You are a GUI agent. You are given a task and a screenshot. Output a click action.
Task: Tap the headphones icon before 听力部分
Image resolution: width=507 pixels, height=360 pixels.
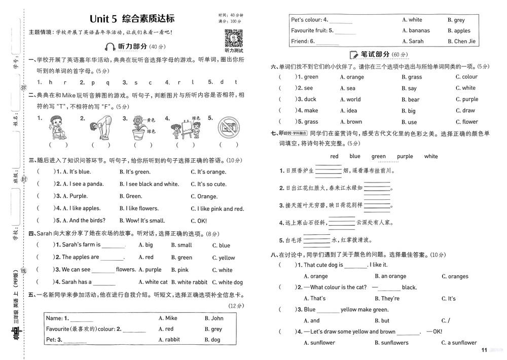pyautogui.click(x=110, y=47)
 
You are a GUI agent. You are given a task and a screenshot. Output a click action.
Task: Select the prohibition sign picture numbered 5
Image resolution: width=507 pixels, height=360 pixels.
pyautogui.click(x=228, y=128)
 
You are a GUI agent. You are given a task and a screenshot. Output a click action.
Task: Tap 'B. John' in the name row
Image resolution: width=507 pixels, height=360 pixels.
pyautogui.click(x=213, y=318)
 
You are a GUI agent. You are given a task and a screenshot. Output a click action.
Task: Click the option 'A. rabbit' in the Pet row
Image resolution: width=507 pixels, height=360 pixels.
pyautogui.click(x=169, y=340)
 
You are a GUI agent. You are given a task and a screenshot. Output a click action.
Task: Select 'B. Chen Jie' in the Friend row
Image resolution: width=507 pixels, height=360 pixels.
pyautogui.click(x=461, y=42)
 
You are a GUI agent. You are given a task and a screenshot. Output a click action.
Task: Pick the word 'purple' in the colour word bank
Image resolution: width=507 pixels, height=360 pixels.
pyautogui.click(x=405, y=156)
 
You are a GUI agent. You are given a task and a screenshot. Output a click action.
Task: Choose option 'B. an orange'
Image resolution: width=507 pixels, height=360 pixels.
pyautogui.click(x=390, y=276)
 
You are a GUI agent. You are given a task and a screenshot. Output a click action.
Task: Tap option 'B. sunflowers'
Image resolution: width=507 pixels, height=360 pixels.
pyautogui.click(x=395, y=343)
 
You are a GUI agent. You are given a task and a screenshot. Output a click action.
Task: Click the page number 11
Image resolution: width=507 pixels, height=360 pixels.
pyautogui.click(x=484, y=350)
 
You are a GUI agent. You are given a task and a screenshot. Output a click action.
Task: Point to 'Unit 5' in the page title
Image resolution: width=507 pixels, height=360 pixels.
pyautogui.click(x=103, y=19)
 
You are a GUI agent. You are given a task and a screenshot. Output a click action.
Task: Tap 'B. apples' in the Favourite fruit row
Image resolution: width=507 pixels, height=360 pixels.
pyautogui.click(x=459, y=31)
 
